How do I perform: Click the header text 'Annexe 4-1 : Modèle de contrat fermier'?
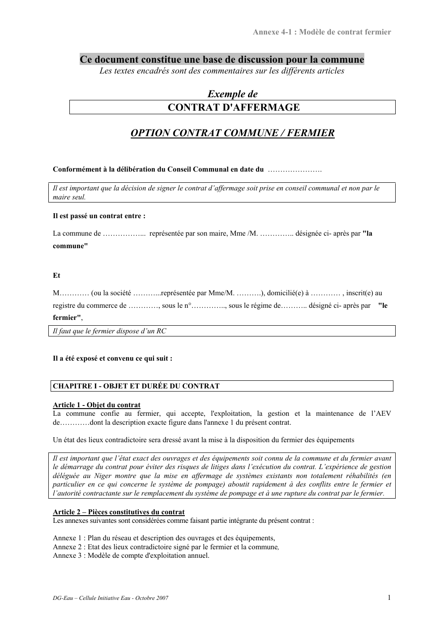coord(322,32)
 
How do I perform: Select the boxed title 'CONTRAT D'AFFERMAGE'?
coord(233,108)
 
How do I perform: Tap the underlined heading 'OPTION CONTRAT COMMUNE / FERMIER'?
coord(232,133)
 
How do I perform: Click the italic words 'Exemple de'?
coord(232,94)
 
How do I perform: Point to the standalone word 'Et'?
coord(56,276)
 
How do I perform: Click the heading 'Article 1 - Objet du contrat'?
coord(97,405)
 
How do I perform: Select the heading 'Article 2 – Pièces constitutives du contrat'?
coord(119,512)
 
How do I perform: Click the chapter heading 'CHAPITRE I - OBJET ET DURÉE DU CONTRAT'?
coord(137,386)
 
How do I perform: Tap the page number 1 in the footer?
coord(389,597)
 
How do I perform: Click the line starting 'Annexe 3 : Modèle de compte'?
coord(131,556)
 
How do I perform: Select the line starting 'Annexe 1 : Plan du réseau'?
coord(164,538)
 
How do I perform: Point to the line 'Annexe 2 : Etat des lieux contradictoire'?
coord(166,547)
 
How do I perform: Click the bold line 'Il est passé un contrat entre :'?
coord(99,216)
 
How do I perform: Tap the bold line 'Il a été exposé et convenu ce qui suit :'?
coord(112,358)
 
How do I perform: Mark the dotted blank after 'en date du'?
coord(295,170)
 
